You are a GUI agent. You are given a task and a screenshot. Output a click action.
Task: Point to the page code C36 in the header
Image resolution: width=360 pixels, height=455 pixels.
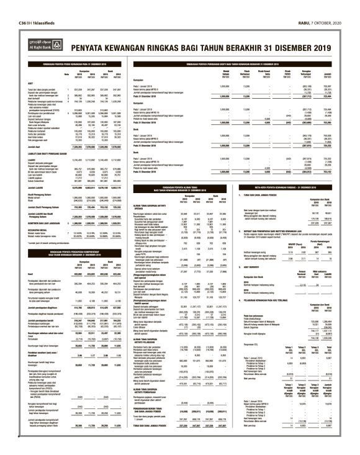coord(11,6)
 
